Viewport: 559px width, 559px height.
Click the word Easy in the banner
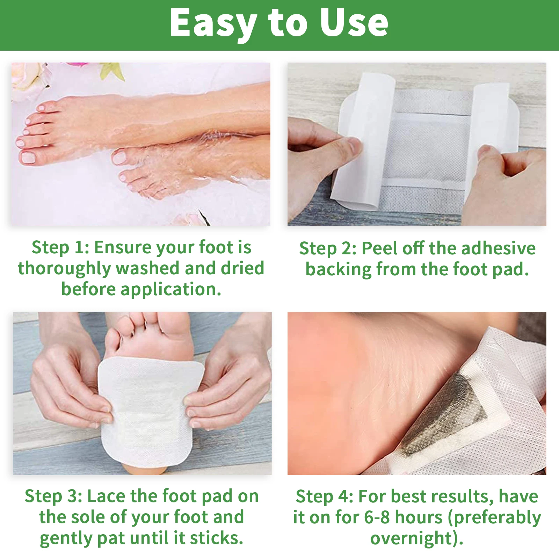[x=213, y=23]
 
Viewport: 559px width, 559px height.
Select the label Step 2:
[x=328, y=249]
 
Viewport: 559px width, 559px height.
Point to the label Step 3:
[x=53, y=496]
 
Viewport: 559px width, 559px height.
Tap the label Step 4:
[x=324, y=496]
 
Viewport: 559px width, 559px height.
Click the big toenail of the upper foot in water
[x=27, y=158]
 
